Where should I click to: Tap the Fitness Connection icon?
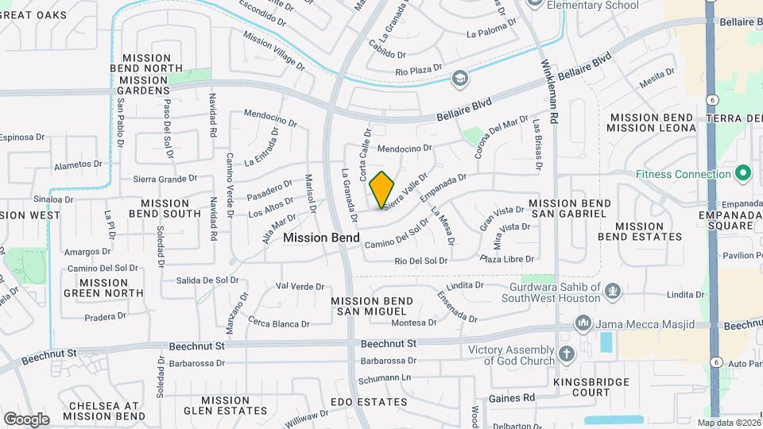point(743,172)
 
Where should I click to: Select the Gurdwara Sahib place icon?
point(612,291)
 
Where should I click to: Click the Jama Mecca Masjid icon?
point(583,324)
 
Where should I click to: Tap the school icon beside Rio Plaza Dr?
point(459,78)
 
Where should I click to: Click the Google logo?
point(26,419)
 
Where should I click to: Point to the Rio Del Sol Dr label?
point(421,261)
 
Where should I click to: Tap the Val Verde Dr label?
point(300,286)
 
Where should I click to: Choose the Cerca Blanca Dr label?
point(278,323)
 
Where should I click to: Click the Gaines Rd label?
point(511,397)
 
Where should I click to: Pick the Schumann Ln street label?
point(388,377)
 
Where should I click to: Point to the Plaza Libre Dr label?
point(506,259)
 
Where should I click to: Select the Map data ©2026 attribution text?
point(726,423)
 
